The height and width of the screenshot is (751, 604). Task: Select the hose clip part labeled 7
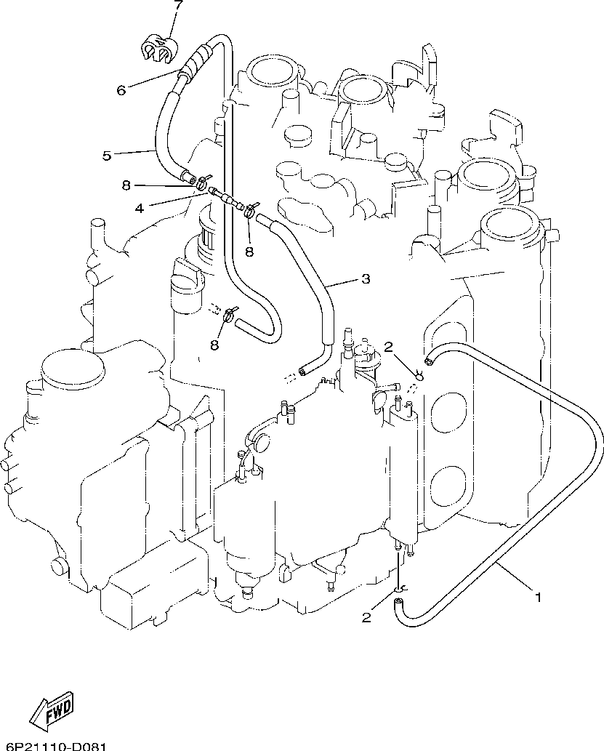pyautogui.click(x=160, y=47)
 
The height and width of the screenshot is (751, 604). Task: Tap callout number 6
pyautogui.click(x=121, y=89)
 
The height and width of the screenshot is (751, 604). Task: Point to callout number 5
pyautogui.click(x=107, y=155)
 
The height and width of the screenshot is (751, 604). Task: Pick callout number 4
pyautogui.click(x=140, y=209)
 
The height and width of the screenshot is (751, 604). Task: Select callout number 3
pyautogui.click(x=366, y=278)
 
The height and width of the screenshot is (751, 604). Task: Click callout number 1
pyautogui.click(x=538, y=598)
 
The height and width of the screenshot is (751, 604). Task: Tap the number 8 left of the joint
pyautogui.click(x=126, y=185)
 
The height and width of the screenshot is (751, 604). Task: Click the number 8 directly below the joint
pyautogui.click(x=249, y=252)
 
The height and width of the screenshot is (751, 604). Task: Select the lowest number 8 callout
pyautogui.click(x=214, y=345)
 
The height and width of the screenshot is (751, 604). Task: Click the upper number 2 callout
pyautogui.click(x=388, y=347)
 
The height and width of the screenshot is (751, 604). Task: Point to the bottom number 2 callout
pyautogui.click(x=366, y=618)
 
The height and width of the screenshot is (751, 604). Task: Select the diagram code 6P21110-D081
pyautogui.click(x=52, y=746)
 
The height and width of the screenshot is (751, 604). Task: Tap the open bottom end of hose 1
pyautogui.click(x=398, y=603)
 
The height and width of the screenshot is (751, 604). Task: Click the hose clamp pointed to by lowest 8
pyautogui.click(x=230, y=314)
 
